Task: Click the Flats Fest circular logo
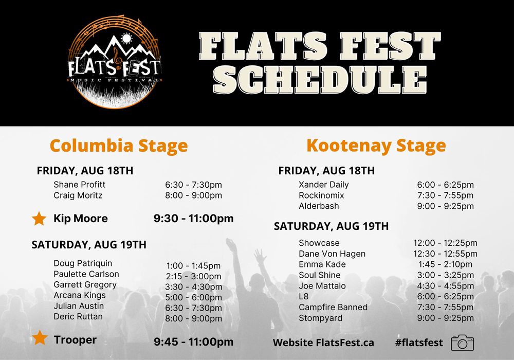pos(115,62)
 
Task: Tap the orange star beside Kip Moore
pos(39,219)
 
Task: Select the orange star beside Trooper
pos(40,338)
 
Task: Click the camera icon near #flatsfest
pos(462,343)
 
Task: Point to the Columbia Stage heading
pos(118,146)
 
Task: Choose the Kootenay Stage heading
pos(376,146)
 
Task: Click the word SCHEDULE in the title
pos(320,80)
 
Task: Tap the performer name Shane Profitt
pos(79,185)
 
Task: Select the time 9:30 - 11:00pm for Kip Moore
pos(193,219)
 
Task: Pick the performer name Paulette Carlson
pos(86,274)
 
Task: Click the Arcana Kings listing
pos(79,295)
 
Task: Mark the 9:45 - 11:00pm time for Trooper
pos(193,341)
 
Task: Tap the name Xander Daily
pos(323,185)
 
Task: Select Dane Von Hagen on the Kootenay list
pos(332,254)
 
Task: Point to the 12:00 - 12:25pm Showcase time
pos(445,243)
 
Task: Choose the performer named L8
pos(304,296)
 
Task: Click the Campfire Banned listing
pos(333,307)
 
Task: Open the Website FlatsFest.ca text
pos(323,343)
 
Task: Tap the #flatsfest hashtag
pos(419,343)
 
